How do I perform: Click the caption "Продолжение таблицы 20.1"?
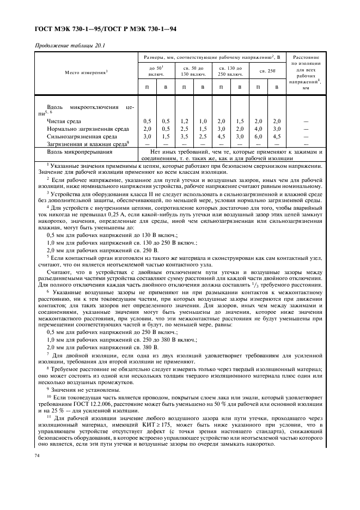[x=70, y=46]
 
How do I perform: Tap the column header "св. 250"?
[x=267, y=71]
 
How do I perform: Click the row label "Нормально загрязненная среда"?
[x=88, y=129]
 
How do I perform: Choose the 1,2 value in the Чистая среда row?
[x=184, y=121]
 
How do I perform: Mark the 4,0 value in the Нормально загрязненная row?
[x=258, y=129]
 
